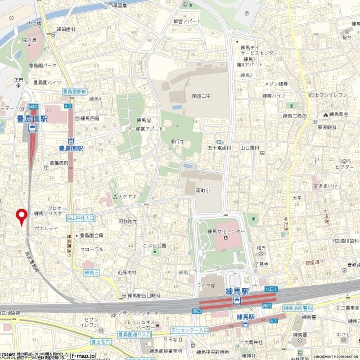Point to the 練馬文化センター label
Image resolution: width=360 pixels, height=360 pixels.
pos(226,231)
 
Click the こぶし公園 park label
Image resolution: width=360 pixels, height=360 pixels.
pos(154,245)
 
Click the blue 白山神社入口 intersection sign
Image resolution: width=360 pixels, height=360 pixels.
pos(80,217)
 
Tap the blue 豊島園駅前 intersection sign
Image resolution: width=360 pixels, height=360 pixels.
pos(74,91)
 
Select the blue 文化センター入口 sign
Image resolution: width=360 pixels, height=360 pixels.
pos(190,330)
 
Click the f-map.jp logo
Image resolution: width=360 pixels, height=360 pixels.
pos(83,355)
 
